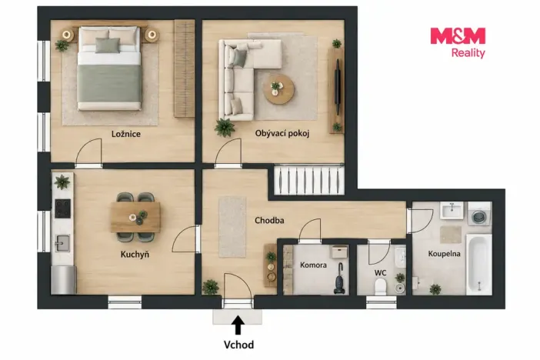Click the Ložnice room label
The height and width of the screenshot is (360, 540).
coord(125,134)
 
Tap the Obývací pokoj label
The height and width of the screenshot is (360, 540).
coord(282,133)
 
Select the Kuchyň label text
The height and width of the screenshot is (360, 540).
coord(135,255)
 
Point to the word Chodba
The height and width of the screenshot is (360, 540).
coord(269,220)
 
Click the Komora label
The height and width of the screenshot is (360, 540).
coord(313,265)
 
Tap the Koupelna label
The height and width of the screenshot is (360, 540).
coord(444,254)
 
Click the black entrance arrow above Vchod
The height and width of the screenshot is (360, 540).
coord(238,325)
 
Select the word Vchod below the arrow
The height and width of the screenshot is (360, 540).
coord(238,345)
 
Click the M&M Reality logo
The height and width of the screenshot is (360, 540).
coord(458,43)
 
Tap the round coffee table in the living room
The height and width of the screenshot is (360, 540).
coord(279,89)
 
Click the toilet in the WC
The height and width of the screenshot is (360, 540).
coord(381,287)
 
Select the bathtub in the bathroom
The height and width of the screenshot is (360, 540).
coord(478,264)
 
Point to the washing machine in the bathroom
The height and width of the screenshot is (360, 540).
coord(479,214)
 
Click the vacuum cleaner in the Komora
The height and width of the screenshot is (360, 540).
coord(339,279)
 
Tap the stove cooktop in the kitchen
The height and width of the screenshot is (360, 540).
coord(62,208)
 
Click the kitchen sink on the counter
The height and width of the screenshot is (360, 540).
coord(62,243)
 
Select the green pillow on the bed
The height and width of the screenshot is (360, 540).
coord(108,45)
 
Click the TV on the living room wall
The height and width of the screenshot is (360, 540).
coord(338,86)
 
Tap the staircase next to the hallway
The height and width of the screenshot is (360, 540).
coord(309,180)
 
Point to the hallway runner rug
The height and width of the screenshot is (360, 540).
coord(232,227)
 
